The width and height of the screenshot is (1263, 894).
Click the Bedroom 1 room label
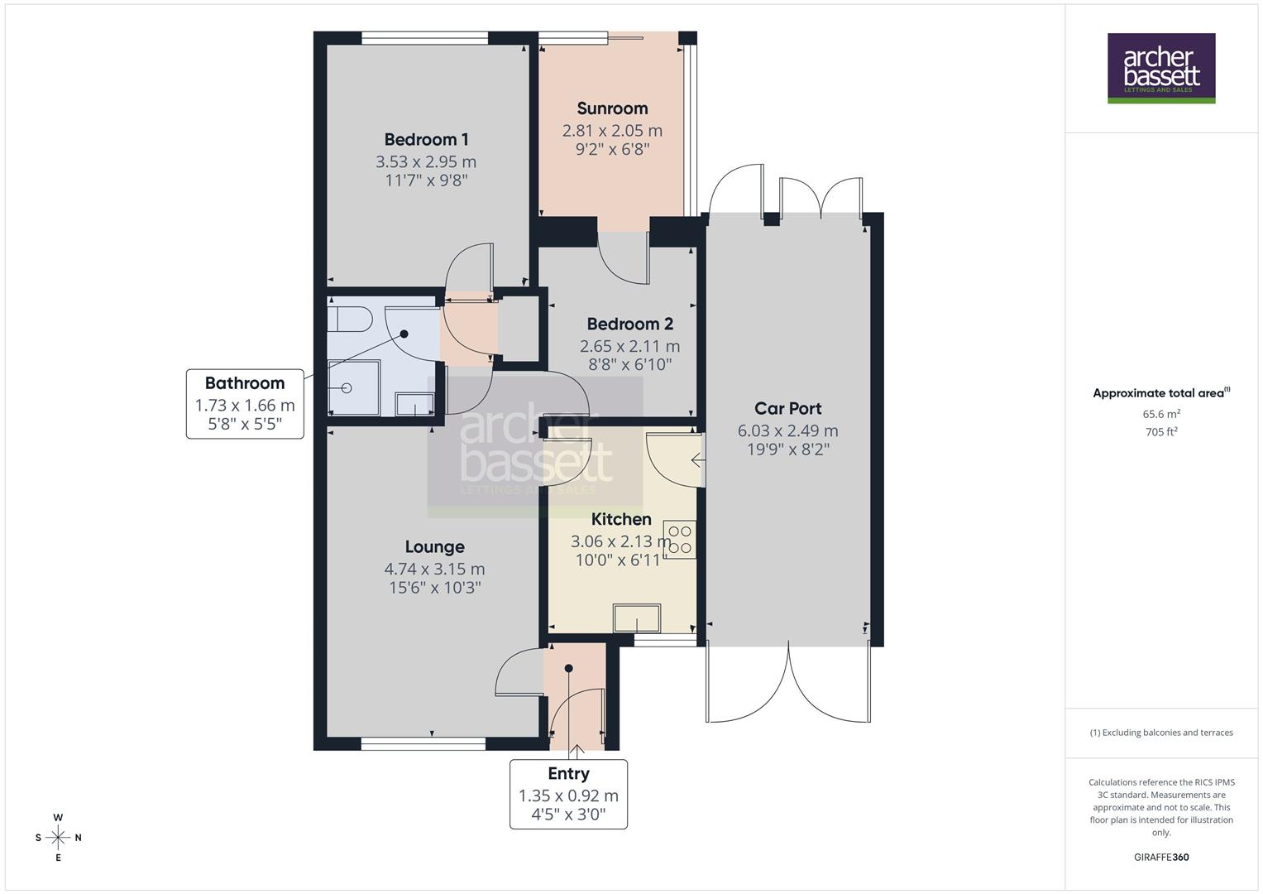point(426,139)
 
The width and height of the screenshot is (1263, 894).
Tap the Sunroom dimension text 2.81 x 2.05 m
point(612,130)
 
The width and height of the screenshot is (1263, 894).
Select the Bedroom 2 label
point(629,324)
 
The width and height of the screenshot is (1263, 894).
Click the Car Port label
point(787,408)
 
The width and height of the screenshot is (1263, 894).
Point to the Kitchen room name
point(621,519)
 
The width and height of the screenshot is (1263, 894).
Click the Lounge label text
point(434,546)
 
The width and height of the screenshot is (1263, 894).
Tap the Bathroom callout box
point(245,404)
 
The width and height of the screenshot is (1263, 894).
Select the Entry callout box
point(568,794)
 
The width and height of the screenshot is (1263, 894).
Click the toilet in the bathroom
point(342,318)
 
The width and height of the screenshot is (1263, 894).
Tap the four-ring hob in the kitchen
point(681,540)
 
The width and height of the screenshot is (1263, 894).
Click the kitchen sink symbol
point(636,618)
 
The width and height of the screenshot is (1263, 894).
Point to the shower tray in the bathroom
point(353,387)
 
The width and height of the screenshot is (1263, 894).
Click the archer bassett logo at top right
point(1161,68)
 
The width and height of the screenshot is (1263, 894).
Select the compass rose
point(58,838)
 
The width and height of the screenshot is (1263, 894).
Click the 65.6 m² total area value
point(1161,414)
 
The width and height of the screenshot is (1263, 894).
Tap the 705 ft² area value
point(1161,431)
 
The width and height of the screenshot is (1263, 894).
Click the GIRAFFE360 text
point(1161,857)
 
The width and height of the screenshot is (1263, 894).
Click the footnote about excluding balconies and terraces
point(1161,733)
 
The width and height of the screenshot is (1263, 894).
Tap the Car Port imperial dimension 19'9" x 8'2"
point(787,449)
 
